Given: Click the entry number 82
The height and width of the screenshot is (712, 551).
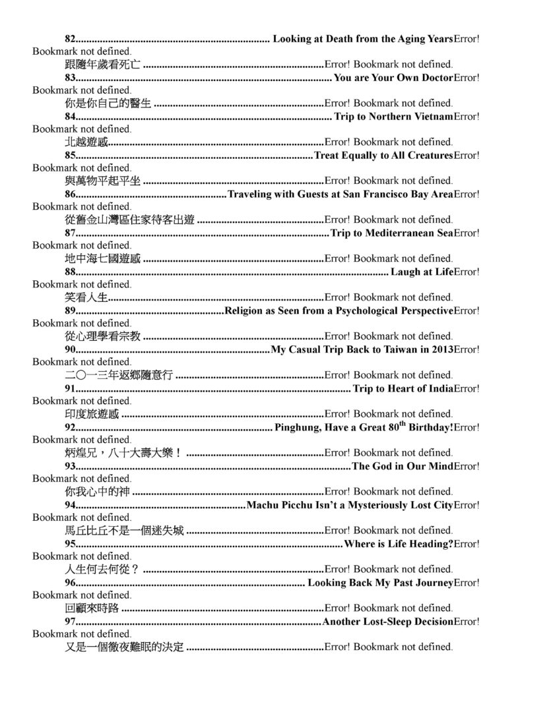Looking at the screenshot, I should click(x=71, y=39).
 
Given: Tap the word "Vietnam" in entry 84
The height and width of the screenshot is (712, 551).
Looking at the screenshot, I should click(x=434, y=117).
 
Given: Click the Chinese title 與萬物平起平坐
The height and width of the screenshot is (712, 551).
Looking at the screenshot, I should click(x=102, y=181).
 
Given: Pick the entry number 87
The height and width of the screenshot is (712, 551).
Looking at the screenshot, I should click(x=71, y=233).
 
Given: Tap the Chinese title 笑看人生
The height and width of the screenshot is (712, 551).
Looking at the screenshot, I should click(x=86, y=297).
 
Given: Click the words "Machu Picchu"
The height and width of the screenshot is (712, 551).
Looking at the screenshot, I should click(x=278, y=505).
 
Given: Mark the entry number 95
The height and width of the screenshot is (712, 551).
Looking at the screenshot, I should click(x=71, y=544).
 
